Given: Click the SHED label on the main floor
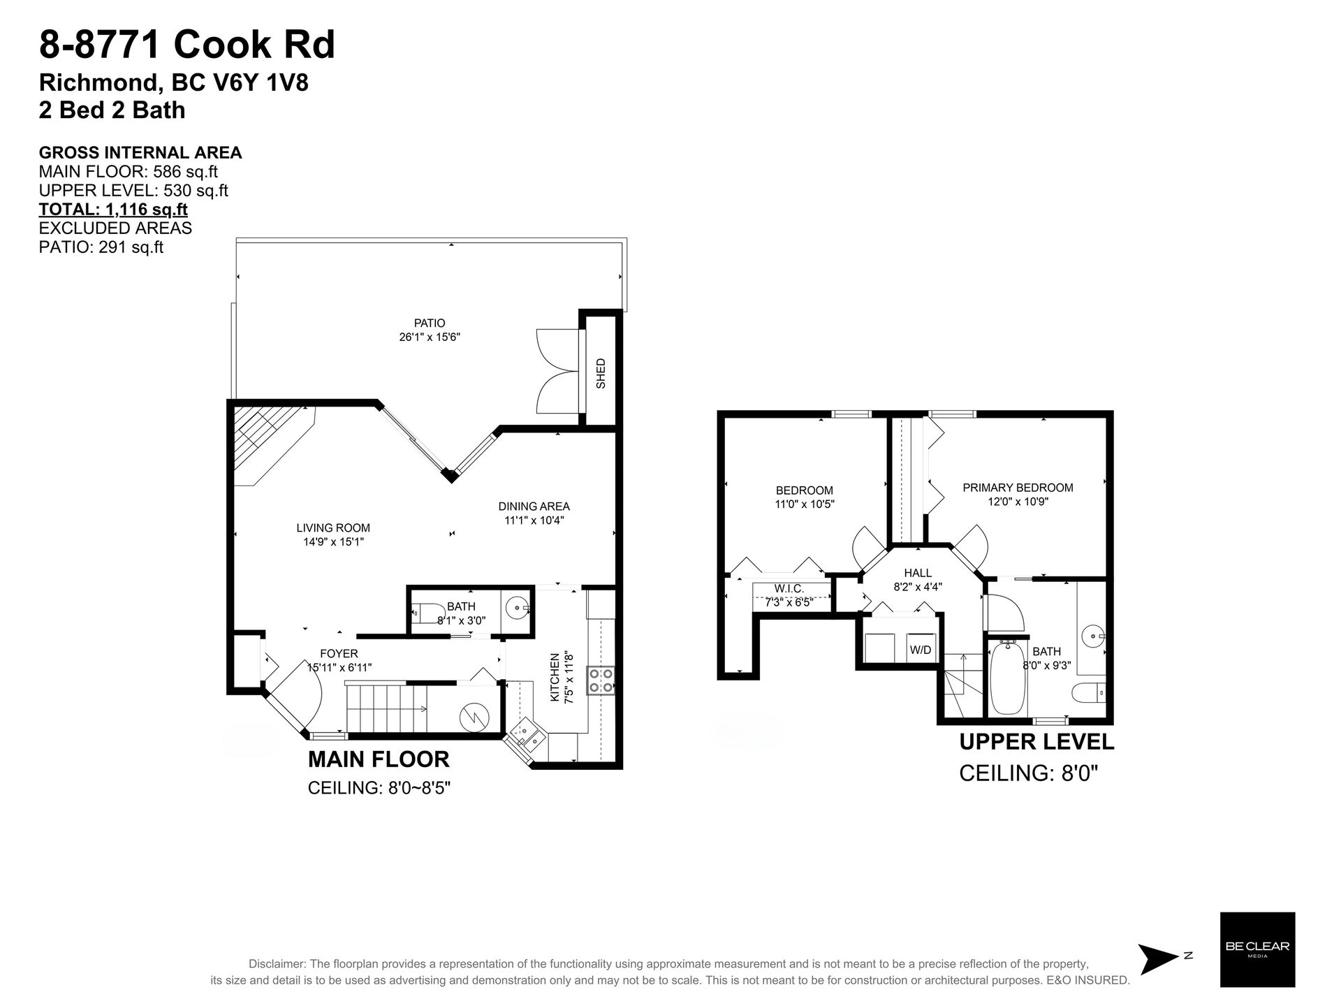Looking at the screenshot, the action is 601,373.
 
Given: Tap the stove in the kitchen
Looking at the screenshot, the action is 601,680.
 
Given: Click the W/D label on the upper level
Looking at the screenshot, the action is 921,650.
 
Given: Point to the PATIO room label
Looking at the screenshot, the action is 430,323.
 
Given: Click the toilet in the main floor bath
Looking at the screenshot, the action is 424,613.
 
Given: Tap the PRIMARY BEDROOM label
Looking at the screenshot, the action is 1018,488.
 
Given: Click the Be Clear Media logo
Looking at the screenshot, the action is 1257,949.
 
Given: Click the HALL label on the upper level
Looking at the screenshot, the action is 918,573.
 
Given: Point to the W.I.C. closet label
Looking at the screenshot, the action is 789,589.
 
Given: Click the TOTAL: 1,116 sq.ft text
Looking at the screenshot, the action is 113,209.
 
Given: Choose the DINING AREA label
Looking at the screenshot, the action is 534,506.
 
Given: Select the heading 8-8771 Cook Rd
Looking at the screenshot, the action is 187,45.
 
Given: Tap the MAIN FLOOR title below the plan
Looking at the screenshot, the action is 379,759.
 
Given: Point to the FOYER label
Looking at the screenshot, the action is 339,654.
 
